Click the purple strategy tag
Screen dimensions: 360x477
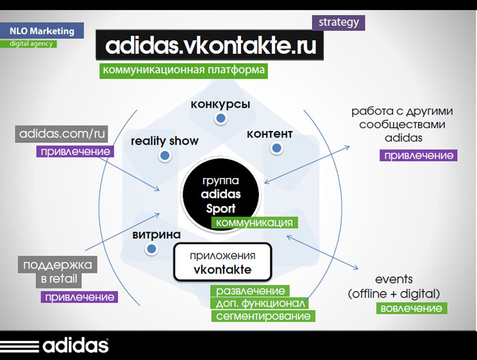(339, 22)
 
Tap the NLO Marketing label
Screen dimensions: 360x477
(42, 31)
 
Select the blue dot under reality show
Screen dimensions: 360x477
(164, 156)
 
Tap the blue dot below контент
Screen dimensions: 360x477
(276, 148)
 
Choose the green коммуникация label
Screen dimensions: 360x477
(253, 223)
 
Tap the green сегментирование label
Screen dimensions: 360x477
(263, 316)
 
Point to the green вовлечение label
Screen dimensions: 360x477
(411, 309)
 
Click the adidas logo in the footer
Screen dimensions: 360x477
(55, 344)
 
